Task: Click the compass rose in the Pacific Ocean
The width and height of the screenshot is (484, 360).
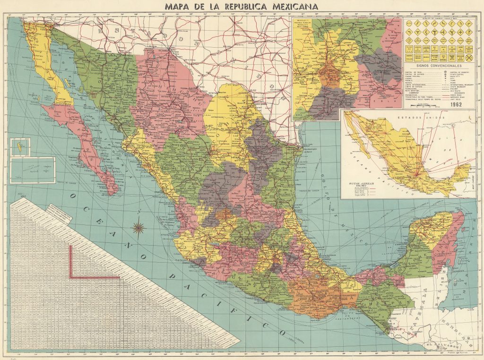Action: click(139, 228)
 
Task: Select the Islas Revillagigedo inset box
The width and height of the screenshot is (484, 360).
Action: click(33, 170)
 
